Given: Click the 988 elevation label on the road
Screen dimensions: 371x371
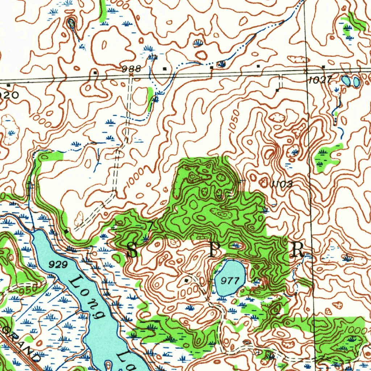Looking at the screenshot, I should pos(131,68).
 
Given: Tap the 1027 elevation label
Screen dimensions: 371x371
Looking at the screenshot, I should pos(319,80).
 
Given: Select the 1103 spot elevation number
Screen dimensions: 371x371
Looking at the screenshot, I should pos(282,184).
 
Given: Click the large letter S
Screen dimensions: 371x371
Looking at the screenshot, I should pos(132,250).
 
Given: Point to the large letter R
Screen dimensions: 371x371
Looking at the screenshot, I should pos(298,250).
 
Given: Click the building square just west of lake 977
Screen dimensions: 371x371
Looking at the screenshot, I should pos(187,280).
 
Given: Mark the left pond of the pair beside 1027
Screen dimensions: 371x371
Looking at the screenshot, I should pos(346,80).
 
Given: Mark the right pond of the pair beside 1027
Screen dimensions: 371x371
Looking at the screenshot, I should pos(356,82).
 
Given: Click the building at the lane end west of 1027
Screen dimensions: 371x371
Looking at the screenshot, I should pos(277,89).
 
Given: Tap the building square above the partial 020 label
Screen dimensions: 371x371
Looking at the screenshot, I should pos(8,86).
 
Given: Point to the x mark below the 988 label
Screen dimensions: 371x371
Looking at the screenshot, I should pos(131,75).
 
